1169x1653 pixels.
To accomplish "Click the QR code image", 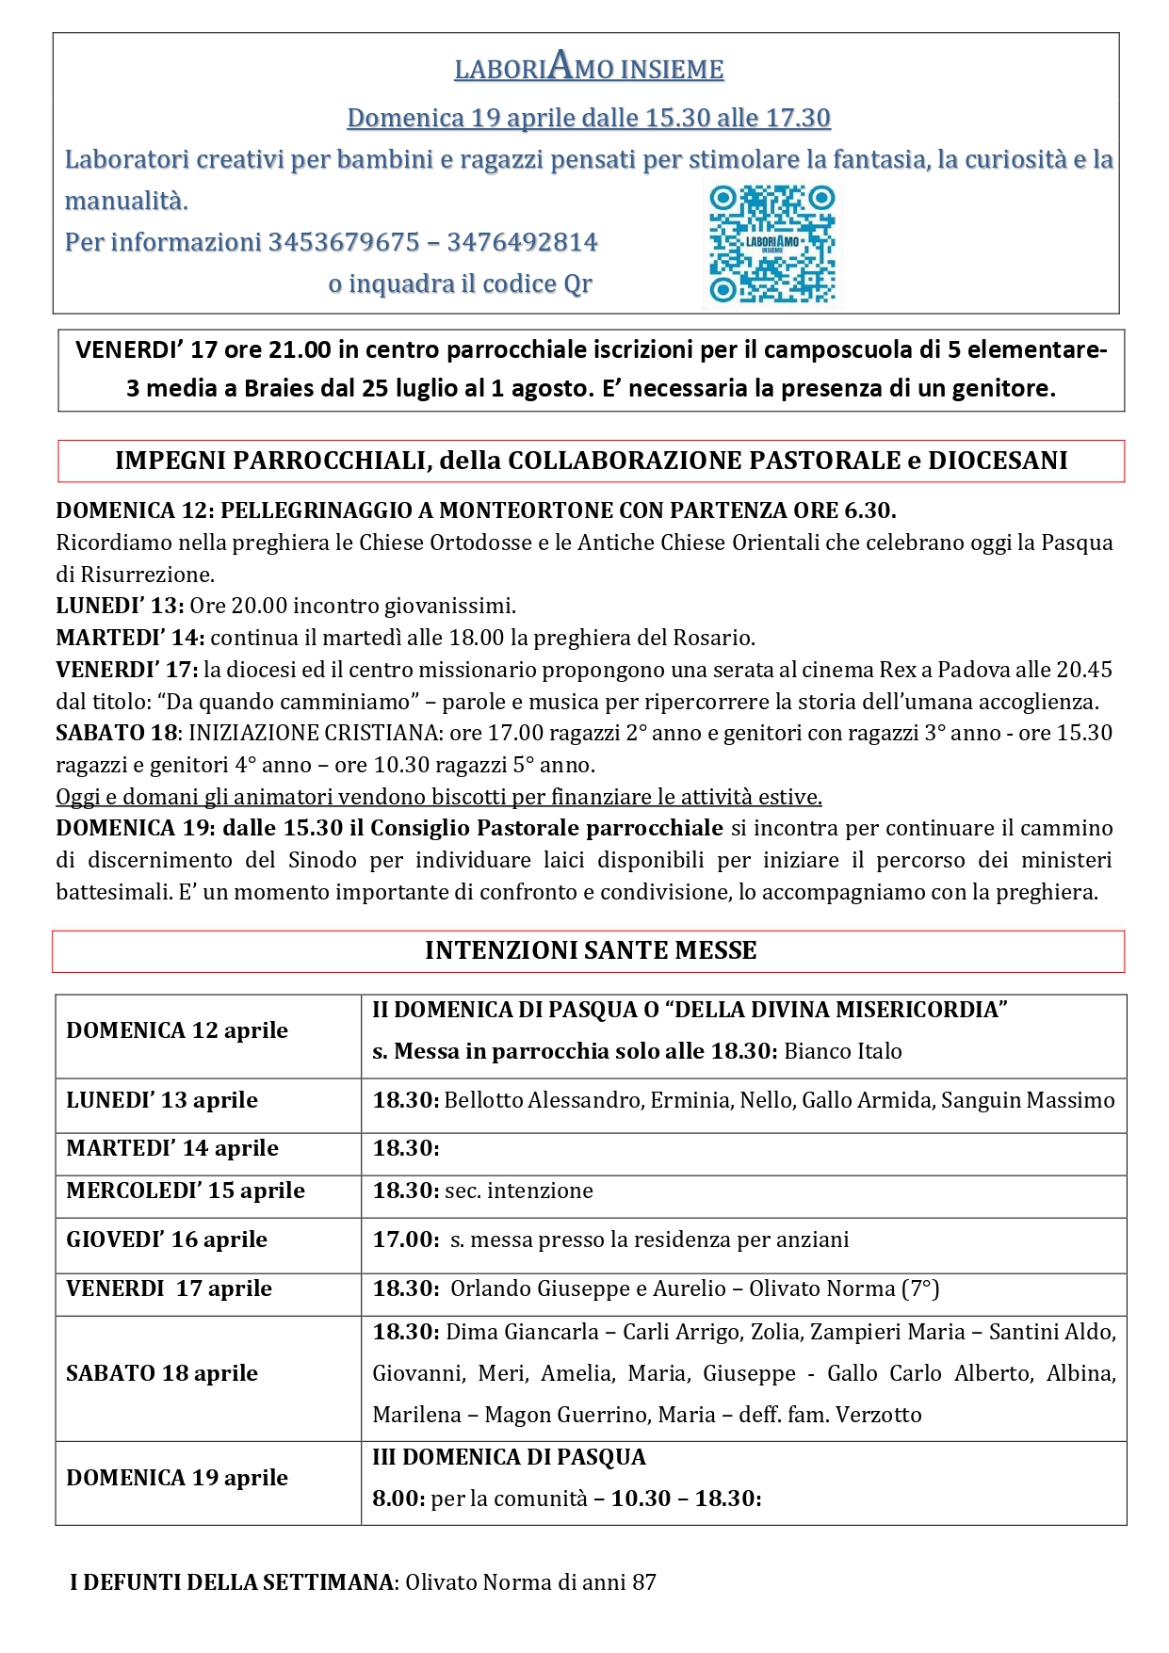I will tap(771, 244).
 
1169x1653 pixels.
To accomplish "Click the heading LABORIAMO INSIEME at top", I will tap(589, 68).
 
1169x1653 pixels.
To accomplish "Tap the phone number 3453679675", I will tap(344, 242).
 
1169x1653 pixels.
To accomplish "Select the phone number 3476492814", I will tap(522, 242).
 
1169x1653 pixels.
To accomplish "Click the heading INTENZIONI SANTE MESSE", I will tap(591, 950).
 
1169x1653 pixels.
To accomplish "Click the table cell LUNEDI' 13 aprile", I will tap(162, 1100).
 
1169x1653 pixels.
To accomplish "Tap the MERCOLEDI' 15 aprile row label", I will tap(186, 1191).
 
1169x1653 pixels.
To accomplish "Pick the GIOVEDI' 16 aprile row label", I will tap(167, 1240).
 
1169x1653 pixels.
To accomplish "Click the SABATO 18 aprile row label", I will tap(162, 1373).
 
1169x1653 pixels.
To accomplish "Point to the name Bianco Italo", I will tap(842, 1051).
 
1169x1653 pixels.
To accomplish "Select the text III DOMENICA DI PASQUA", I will tap(509, 1457).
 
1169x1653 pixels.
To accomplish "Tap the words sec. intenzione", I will tap(519, 1191).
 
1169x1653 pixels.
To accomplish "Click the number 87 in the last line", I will tap(643, 1582).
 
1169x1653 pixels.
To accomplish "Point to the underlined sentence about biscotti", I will tap(439, 797).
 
